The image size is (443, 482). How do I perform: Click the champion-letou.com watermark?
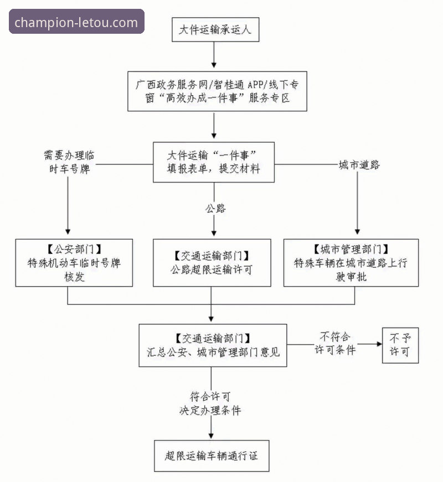tap(76, 22)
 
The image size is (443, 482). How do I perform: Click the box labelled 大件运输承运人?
tap(214, 30)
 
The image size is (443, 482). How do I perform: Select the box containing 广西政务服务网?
tap(214, 91)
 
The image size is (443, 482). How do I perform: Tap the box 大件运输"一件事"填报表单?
tap(214, 162)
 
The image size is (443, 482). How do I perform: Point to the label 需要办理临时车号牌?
tap(69, 162)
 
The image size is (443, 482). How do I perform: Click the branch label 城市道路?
tap(359, 165)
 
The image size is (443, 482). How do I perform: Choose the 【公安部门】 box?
tap(74, 262)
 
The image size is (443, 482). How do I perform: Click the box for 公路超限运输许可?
tap(212, 262)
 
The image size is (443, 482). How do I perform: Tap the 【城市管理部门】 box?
tap(351, 262)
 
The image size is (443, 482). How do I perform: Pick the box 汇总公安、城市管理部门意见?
tap(213, 345)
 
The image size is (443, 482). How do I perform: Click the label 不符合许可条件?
tap(335, 344)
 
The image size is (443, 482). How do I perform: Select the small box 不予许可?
tap(400, 344)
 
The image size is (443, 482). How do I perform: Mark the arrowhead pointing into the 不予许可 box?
tap(378, 344)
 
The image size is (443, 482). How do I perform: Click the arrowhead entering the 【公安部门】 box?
tap(68, 233)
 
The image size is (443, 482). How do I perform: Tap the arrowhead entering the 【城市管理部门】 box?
tap(357, 233)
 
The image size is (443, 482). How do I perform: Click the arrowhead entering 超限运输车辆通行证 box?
tap(211, 436)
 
